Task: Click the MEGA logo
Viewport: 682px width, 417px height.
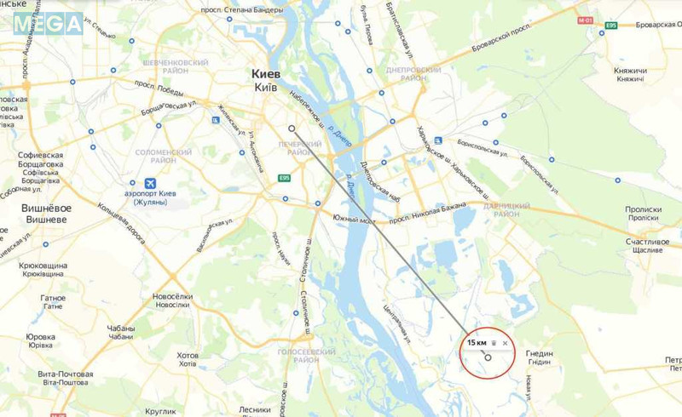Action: click(48, 23)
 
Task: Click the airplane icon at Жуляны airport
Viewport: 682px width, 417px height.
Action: click(151, 183)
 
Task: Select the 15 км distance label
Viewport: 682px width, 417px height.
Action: click(476, 342)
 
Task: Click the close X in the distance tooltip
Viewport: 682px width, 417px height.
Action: click(506, 343)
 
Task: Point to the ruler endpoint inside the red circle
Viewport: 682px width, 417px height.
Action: click(488, 357)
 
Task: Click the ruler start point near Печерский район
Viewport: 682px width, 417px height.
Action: click(292, 129)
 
